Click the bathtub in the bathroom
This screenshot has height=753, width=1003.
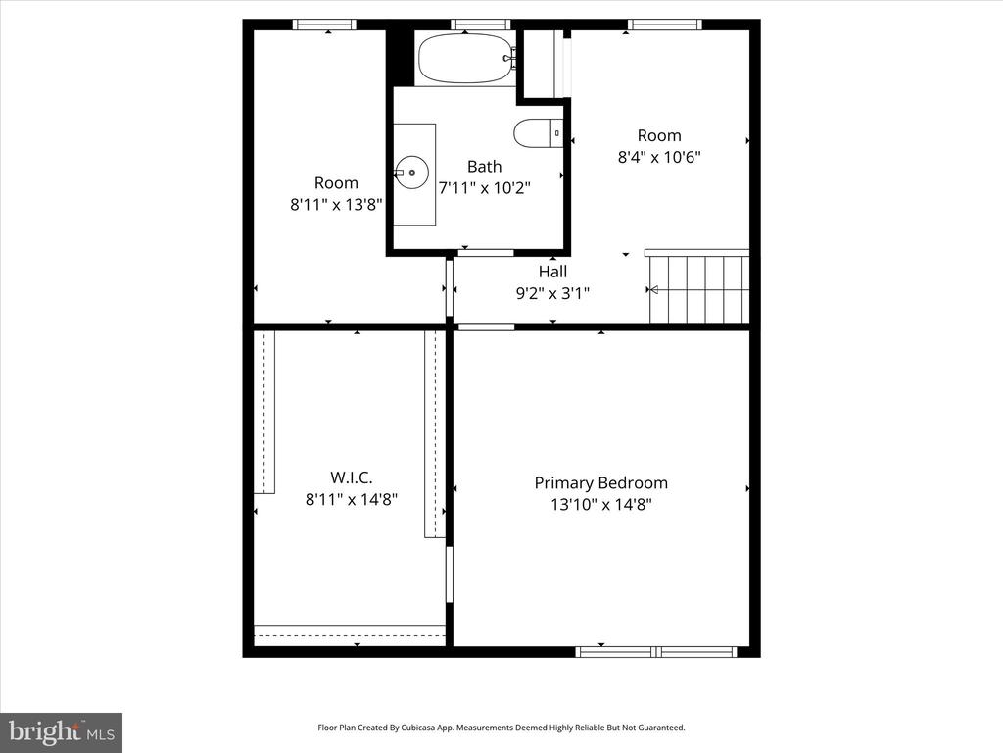click(465, 58)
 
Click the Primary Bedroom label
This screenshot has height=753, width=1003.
click(600, 482)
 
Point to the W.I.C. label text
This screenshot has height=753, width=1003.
click(352, 477)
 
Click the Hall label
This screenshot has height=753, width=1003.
click(552, 272)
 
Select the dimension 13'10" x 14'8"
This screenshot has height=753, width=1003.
click(600, 505)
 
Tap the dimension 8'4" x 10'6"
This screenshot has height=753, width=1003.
click(659, 157)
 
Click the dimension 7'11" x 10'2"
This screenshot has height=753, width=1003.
click(484, 188)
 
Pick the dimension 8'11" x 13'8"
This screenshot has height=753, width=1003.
click(336, 205)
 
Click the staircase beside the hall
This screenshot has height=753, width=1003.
click(697, 286)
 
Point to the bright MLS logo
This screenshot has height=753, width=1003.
click(62, 732)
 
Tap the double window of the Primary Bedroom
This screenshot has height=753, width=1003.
click(656, 652)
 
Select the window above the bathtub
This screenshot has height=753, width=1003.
click(481, 25)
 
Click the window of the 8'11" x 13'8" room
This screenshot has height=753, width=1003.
click(324, 25)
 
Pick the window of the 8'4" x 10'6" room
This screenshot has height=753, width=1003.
click(664, 25)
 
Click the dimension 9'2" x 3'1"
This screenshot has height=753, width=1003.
click(552, 293)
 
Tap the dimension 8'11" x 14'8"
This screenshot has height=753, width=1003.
click(352, 499)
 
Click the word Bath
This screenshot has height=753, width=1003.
click(484, 167)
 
